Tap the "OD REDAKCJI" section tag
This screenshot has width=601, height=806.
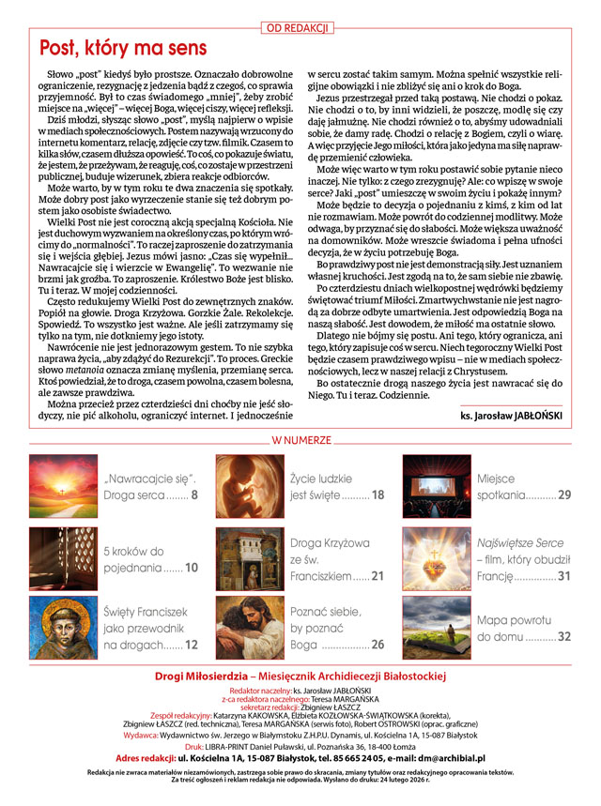point(300,28)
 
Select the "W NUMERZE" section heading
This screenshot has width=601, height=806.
point(300,440)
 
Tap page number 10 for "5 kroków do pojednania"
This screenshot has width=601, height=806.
point(192,568)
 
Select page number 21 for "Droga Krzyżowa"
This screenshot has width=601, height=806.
point(378,575)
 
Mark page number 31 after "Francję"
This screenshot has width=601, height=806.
point(564,575)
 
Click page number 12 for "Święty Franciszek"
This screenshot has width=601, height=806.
point(192,645)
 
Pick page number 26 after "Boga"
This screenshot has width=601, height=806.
point(378,645)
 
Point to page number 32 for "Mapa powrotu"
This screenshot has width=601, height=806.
point(564,637)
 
